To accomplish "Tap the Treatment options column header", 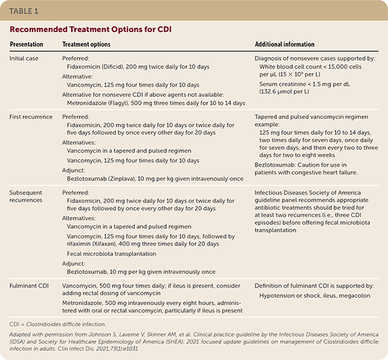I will [x=86, y=44].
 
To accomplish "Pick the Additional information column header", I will [x=286, y=44].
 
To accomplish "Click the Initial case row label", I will [x=27, y=57].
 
